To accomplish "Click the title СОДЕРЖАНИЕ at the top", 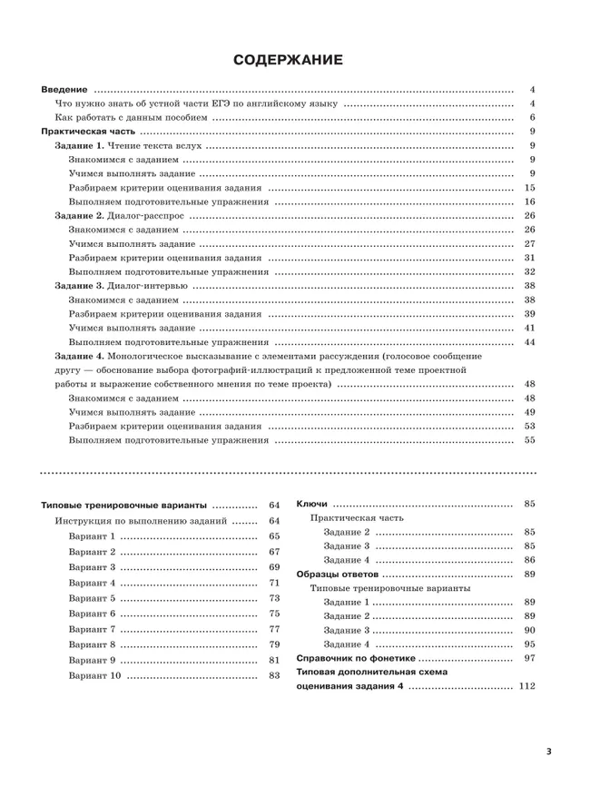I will [288, 61].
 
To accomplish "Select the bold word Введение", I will [65, 90].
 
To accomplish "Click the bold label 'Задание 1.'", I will [80, 146].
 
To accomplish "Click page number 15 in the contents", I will [530, 188].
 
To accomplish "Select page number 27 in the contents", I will [530, 244].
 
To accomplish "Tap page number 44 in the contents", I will [530, 342].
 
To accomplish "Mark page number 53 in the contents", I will [530, 426].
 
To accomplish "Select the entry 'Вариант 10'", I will [94, 676].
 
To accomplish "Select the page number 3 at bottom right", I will [549, 752].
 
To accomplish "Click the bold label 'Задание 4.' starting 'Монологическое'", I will [80, 356].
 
